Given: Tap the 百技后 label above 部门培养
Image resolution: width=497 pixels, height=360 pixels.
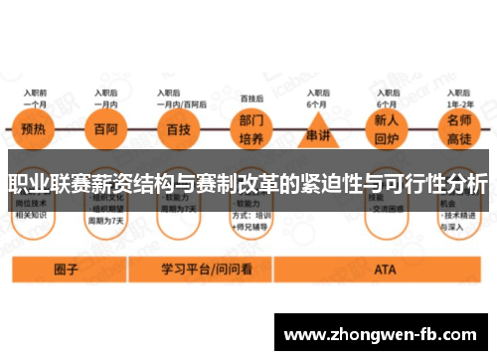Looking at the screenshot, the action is [x=252, y=98].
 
